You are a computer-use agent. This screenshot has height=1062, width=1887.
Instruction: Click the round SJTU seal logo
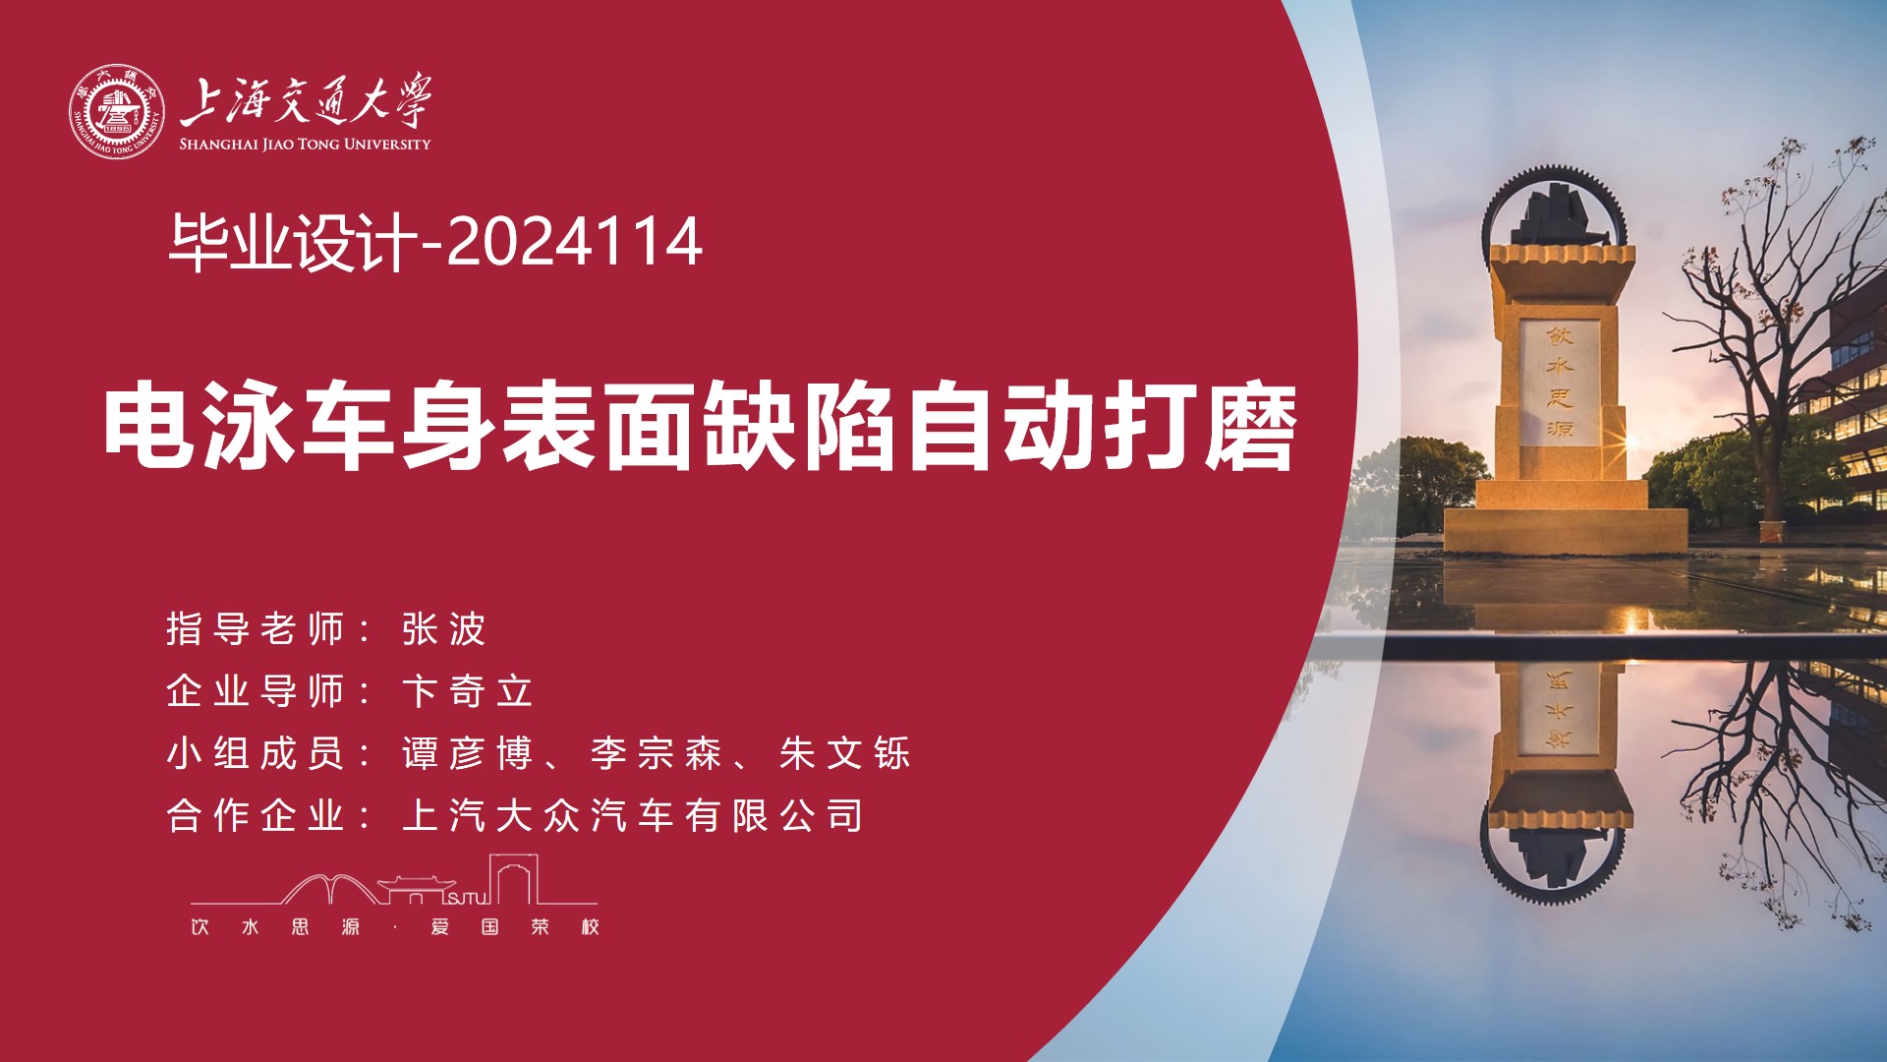(x=116, y=112)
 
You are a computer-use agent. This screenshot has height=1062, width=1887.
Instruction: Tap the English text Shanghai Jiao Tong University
(x=305, y=145)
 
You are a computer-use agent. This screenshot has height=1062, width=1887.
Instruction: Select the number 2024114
(x=575, y=241)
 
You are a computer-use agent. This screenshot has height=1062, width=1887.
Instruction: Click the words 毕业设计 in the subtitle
(x=293, y=242)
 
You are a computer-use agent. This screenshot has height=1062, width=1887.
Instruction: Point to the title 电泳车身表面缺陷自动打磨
(x=701, y=428)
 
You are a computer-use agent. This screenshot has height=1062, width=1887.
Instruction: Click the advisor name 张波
(x=444, y=629)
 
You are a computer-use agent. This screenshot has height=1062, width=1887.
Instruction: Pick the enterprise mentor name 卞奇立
(x=468, y=691)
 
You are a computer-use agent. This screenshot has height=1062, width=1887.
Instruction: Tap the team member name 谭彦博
(x=468, y=753)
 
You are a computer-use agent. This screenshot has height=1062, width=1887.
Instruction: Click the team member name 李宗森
(x=657, y=753)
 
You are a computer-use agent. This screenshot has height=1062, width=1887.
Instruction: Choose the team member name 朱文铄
(x=845, y=753)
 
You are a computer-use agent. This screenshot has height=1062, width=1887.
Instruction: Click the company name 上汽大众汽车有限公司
(x=633, y=815)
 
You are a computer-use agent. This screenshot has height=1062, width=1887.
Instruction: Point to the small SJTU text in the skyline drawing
(x=468, y=897)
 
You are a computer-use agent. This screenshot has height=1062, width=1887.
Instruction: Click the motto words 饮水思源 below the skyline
(x=275, y=926)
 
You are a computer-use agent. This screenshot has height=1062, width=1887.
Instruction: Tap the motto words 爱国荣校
(x=515, y=926)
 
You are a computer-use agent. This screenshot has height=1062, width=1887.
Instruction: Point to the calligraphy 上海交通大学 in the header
(x=305, y=100)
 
